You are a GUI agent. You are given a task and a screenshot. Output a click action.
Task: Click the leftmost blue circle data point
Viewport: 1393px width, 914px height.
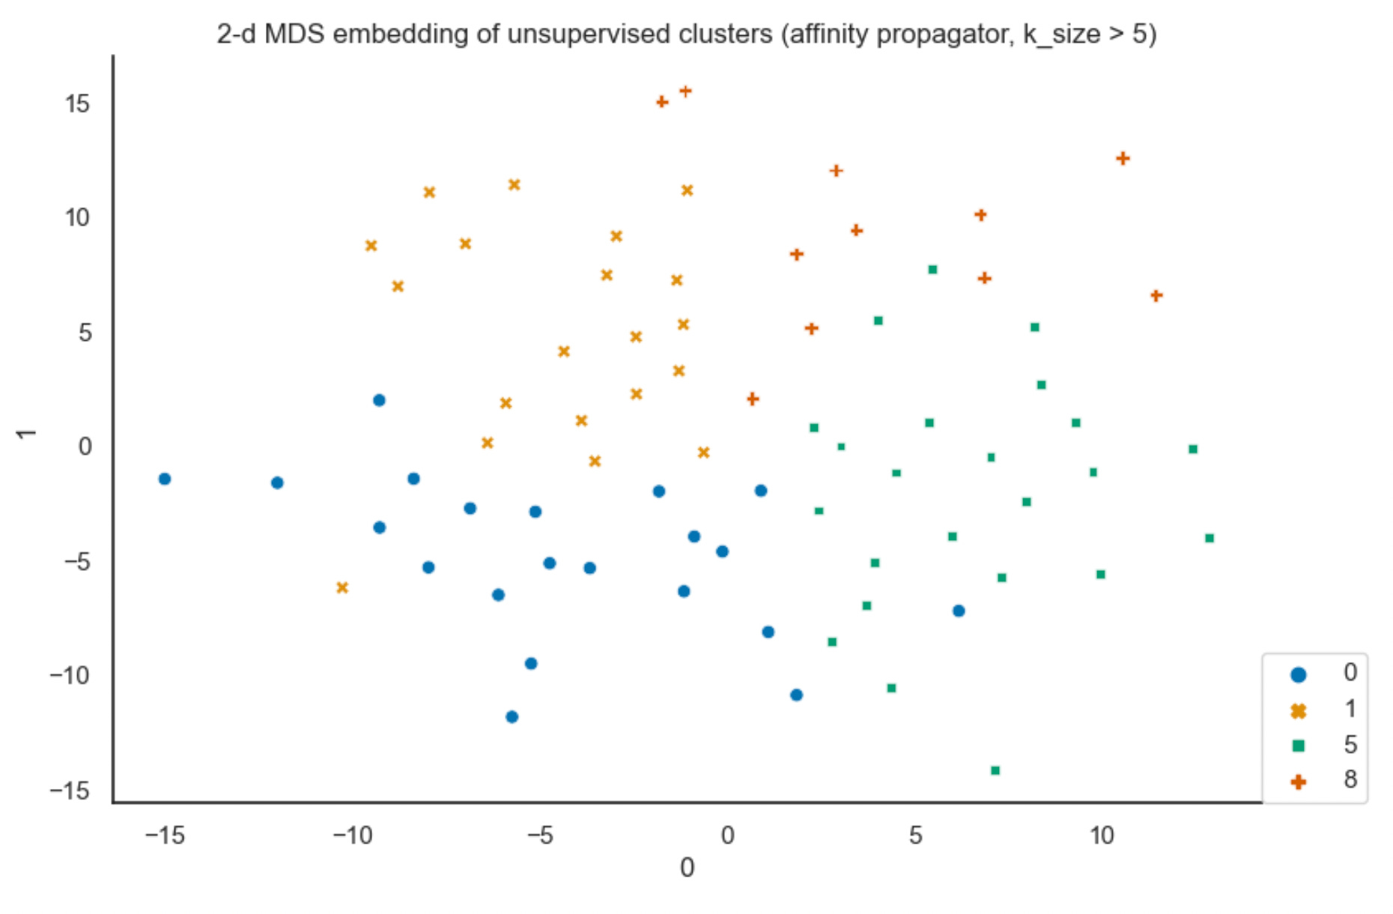coord(165,479)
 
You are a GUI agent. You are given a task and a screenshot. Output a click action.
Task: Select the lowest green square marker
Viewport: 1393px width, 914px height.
coord(995,770)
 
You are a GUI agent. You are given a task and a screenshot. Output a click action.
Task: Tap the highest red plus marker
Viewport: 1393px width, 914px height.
coord(685,91)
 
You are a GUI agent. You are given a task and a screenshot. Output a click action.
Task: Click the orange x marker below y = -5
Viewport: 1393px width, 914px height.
coord(342,587)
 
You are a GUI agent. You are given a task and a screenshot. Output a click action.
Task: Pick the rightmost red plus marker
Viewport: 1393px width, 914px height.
coord(1156,296)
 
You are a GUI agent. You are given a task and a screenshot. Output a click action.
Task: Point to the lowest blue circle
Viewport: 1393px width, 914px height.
coord(512,717)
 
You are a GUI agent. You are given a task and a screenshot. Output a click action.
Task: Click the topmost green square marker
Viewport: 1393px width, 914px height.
coord(932,270)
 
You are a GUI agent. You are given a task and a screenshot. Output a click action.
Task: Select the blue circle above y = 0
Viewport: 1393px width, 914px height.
coord(379,400)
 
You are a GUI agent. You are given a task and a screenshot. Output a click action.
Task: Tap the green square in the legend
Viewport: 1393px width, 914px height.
coord(1299,745)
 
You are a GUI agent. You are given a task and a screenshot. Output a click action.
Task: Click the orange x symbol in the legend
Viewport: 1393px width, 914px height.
coord(1299,711)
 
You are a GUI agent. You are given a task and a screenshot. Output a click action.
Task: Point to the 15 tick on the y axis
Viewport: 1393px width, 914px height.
coord(77,104)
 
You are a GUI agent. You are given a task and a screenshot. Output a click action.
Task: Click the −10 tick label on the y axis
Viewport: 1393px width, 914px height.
coord(70,676)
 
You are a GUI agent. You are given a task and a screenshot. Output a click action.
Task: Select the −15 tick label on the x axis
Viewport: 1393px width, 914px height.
coord(165,835)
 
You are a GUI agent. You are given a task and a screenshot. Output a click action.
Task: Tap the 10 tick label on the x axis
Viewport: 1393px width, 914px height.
coord(1102,835)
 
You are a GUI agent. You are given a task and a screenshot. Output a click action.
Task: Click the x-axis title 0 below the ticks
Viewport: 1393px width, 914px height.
coord(687,868)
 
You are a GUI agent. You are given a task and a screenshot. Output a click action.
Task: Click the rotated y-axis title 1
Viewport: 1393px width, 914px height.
coord(26,434)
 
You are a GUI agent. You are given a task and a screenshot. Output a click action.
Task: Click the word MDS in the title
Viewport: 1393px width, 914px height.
coord(294,34)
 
